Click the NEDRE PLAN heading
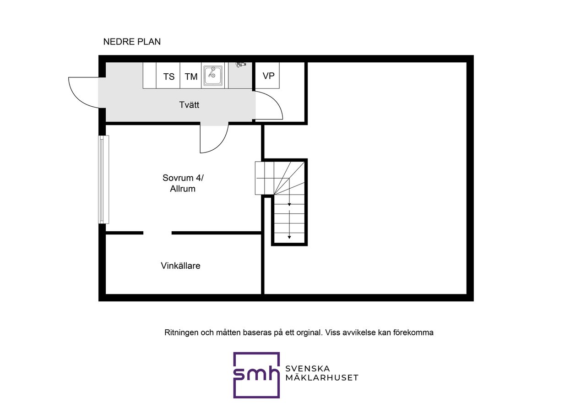pos(132,42)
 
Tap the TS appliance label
pos(169,76)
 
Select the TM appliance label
pos(191,76)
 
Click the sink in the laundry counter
pos(213,76)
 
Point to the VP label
pos(268,76)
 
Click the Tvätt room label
pos(189,105)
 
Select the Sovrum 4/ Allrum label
pos(179,183)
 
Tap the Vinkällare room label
pos(180,266)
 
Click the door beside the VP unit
pos(269,105)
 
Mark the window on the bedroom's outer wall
pos(104,180)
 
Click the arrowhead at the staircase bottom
pos(289,237)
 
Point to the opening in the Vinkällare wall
pos(157,233)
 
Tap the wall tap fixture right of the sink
pos(241,65)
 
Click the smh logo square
pos(256,375)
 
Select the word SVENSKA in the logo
pos(308,369)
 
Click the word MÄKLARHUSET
pos(321,378)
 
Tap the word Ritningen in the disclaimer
pos(181,333)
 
